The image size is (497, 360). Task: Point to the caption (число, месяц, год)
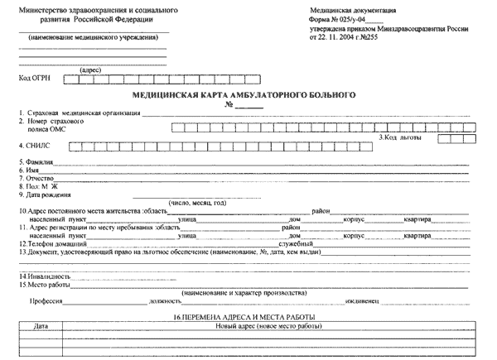[195, 203]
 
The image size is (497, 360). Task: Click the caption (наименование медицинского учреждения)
[92, 39]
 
